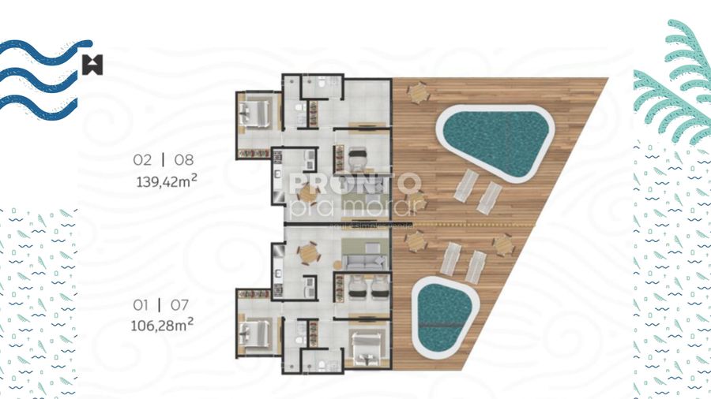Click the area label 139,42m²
tap(166, 179)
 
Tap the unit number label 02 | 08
tap(164, 159)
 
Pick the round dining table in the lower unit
tap(304, 254)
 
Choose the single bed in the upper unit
tap(359, 156)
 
